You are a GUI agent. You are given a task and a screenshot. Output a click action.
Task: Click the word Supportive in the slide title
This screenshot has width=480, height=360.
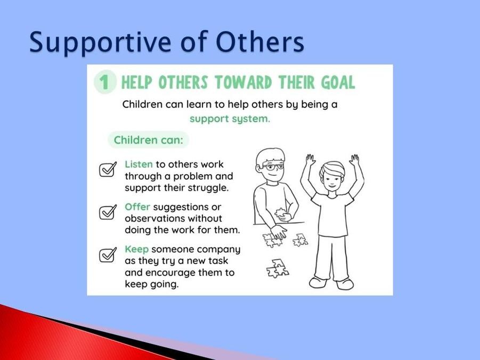tap(100, 43)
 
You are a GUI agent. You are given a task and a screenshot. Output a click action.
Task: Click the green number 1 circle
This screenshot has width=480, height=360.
tap(105, 82)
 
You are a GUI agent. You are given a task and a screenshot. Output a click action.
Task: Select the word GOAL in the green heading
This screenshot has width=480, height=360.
tap(338, 83)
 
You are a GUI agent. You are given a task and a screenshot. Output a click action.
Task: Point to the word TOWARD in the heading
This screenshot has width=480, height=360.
tap(243, 83)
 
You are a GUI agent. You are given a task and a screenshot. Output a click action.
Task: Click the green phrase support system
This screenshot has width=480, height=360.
tap(230, 119)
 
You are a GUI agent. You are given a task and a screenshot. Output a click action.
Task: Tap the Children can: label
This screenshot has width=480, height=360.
tap(148, 140)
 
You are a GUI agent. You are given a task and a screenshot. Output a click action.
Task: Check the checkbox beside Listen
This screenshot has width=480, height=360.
tap(108, 169)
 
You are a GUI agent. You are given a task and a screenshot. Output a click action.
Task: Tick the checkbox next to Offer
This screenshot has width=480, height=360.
tap(108, 212)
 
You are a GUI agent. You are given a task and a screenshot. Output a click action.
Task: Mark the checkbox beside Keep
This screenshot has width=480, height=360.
tap(108, 255)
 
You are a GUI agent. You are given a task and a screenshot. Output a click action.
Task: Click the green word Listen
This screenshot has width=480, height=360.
tap(139, 165)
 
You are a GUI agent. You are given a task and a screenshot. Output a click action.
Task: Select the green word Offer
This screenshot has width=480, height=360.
tap(137, 207)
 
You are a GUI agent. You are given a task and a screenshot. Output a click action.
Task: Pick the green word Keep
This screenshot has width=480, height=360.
tap(136, 249)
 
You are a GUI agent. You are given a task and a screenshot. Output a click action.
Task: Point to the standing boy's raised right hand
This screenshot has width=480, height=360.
tap(311, 160)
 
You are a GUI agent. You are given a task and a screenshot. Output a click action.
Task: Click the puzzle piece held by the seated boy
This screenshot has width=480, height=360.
tap(280, 213)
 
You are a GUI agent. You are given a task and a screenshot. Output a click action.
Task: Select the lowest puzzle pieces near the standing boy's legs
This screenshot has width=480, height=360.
tap(277, 268)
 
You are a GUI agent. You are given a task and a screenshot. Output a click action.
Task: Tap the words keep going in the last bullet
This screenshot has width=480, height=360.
tap(151, 284)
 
